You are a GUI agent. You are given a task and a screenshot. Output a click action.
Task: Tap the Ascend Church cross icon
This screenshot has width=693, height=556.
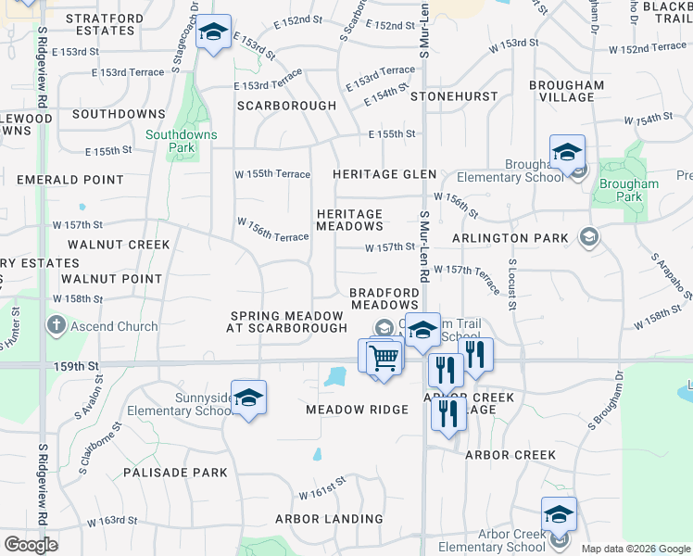click(x=56, y=326)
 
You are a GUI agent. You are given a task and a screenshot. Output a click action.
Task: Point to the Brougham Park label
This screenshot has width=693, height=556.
click(x=629, y=190)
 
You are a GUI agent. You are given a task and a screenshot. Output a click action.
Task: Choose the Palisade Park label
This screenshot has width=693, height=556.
click(x=175, y=473)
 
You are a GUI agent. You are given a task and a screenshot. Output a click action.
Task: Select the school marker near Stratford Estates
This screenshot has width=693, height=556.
click(x=214, y=35)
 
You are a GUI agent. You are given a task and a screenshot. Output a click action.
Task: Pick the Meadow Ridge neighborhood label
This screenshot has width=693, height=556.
click(x=357, y=410)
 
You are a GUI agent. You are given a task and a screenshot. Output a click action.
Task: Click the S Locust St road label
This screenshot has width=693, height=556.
click(x=511, y=285)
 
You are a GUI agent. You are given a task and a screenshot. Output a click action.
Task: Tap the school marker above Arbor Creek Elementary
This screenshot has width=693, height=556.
click(x=559, y=514)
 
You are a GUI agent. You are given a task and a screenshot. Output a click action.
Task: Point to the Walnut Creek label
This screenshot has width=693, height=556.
click(x=119, y=245)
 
